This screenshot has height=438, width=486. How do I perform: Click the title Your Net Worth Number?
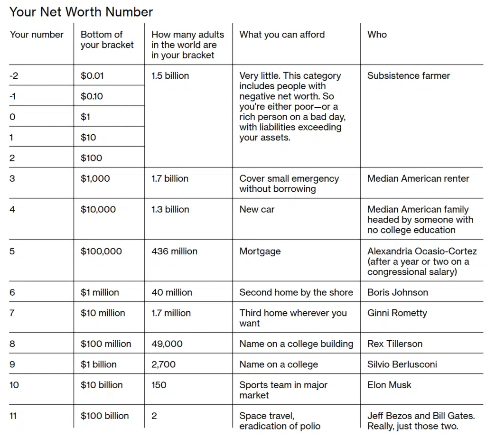[81, 12]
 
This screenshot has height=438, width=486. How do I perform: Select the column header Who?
[377, 35]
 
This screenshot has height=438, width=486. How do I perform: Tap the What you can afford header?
[282, 35]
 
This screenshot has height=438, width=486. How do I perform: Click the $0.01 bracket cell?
[92, 75]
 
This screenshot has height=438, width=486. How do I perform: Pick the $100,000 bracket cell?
[101, 251]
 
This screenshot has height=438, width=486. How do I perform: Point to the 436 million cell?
[174, 251]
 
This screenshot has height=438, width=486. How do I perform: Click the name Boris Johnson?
[397, 292]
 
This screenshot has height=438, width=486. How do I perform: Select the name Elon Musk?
[389, 385]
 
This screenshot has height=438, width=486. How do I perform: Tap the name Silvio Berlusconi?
[402, 364]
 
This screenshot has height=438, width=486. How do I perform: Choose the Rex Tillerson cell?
[394, 344]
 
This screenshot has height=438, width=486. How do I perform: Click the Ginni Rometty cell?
[397, 313]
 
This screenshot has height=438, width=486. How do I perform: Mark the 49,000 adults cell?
[167, 344]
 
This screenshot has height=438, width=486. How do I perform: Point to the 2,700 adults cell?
[163, 364]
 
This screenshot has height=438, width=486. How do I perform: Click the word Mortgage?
[260, 251]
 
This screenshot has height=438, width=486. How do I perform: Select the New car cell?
[257, 209]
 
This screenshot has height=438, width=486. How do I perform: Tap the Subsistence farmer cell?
[408, 75]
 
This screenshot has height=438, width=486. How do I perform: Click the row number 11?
[13, 416]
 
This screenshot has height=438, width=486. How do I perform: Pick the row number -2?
[13, 75]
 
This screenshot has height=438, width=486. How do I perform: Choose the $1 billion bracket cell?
[98, 364]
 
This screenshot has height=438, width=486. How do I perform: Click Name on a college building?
[296, 344]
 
